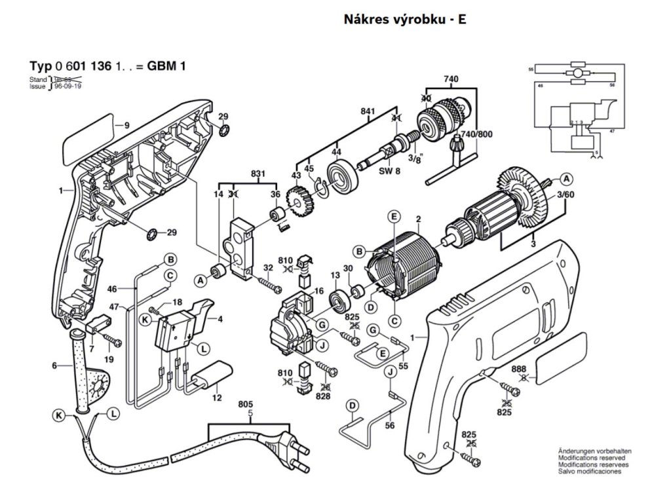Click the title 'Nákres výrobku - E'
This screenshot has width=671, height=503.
pyautogui.click(x=406, y=19)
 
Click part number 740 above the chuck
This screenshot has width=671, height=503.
pyautogui.click(x=451, y=80)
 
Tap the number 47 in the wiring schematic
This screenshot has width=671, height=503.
pyautogui.click(x=612, y=132)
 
